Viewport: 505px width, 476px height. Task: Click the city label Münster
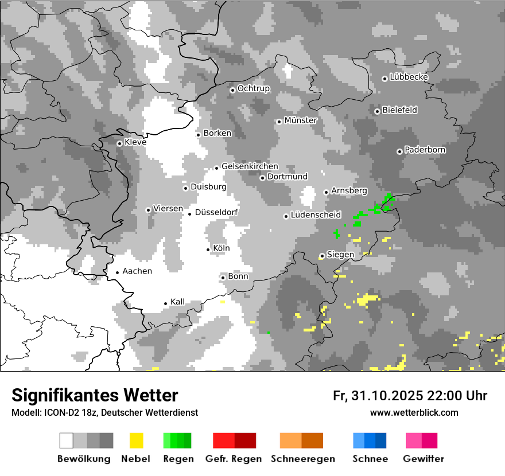click(301, 120)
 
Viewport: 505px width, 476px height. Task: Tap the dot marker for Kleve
click(119, 143)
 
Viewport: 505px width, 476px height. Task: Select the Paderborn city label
click(425, 150)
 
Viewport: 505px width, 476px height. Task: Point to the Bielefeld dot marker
click(377, 111)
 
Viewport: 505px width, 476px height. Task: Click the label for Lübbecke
click(409, 77)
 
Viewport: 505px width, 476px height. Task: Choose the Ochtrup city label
click(254, 88)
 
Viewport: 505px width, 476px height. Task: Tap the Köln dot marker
click(208, 249)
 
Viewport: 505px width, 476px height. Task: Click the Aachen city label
click(137, 271)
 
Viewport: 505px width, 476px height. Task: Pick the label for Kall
click(178, 302)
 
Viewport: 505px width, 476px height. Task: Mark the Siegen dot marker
click(322, 256)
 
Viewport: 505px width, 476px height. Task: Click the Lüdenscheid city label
click(316, 215)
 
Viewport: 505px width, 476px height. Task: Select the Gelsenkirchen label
click(250, 166)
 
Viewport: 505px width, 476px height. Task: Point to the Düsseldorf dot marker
click(190, 214)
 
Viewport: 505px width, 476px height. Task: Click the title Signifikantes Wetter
click(95, 395)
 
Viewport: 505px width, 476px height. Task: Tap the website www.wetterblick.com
click(414, 412)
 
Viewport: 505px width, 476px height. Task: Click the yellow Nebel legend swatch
click(136, 440)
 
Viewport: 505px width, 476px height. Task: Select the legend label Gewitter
click(424, 459)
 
